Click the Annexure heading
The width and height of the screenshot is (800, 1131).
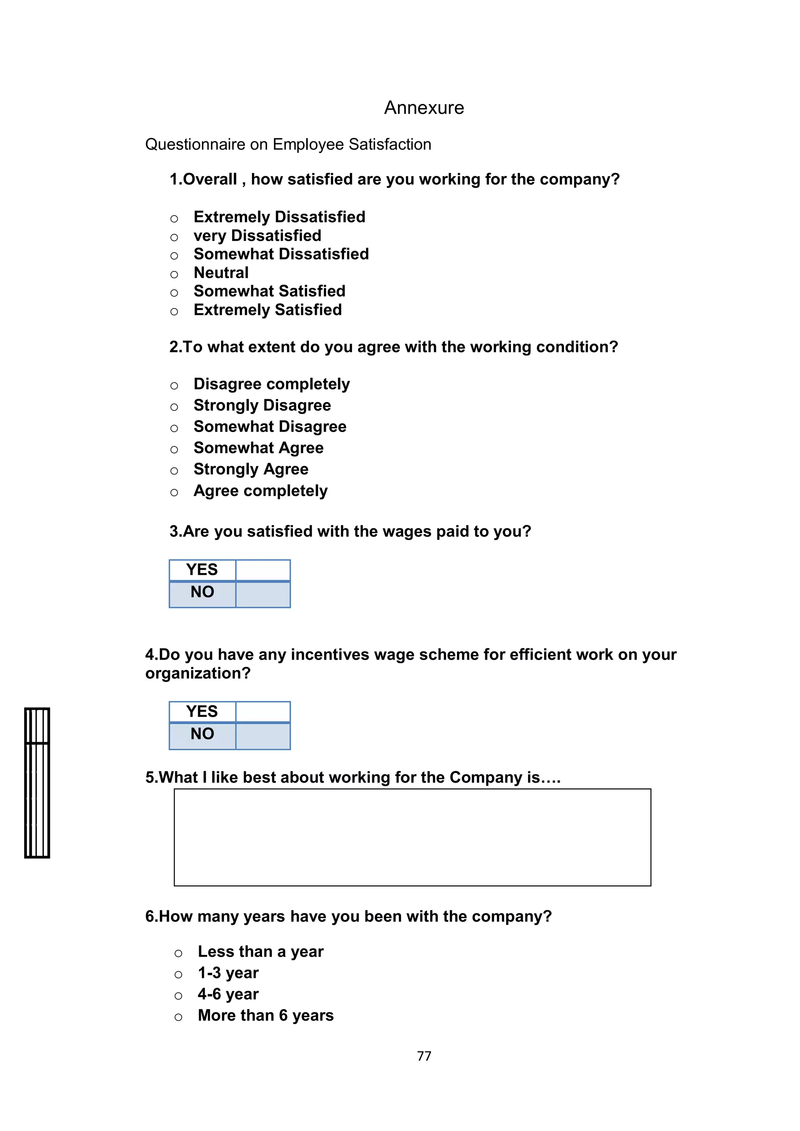pos(424,107)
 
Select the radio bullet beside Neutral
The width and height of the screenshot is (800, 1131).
pos(174,275)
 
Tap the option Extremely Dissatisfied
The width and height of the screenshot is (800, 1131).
pos(279,217)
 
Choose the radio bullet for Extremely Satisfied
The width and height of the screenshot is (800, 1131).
pos(174,312)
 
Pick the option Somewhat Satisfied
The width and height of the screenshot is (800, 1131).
pos(269,291)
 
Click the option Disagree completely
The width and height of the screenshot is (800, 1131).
pos(271,384)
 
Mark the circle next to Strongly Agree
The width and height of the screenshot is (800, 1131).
pos(174,471)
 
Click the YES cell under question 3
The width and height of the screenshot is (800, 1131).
pos(202,570)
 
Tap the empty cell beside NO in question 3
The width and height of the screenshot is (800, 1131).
pos(262,594)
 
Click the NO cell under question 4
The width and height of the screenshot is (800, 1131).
pos(202,734)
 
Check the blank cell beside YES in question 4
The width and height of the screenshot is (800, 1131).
pos(262,712)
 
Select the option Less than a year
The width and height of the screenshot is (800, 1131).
pos(260,951)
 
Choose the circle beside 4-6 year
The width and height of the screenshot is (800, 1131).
pos(179,996)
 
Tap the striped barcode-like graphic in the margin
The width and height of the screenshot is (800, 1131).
pos(37,783)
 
